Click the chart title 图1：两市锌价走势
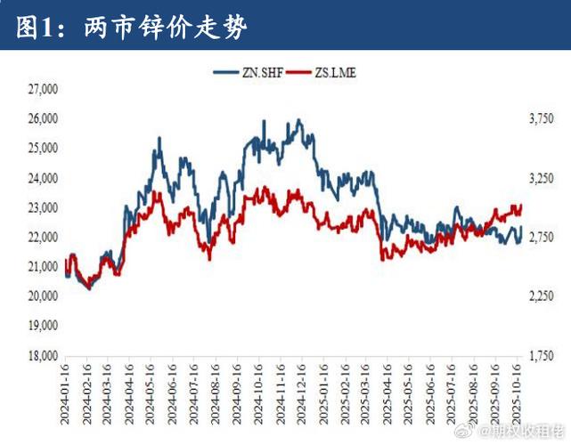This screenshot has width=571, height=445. (x=132, y=27)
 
